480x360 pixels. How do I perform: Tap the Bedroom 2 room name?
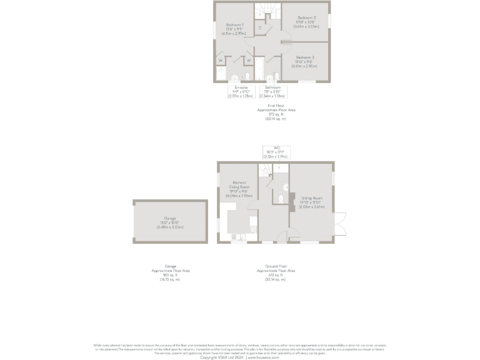click(306, 18)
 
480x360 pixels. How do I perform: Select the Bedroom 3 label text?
click(305, 57)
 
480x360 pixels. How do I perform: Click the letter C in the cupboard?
click(259, 28)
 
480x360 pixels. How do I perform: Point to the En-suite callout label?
click(241, 87)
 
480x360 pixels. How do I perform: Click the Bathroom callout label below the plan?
click(272, 87)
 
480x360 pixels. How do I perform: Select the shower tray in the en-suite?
click(221, 74)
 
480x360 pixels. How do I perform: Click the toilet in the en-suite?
click(235, 78)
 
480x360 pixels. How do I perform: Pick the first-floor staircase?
click(267, 11)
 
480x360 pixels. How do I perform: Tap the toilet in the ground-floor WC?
click(282, 199)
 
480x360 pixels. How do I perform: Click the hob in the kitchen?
click(237, 237)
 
